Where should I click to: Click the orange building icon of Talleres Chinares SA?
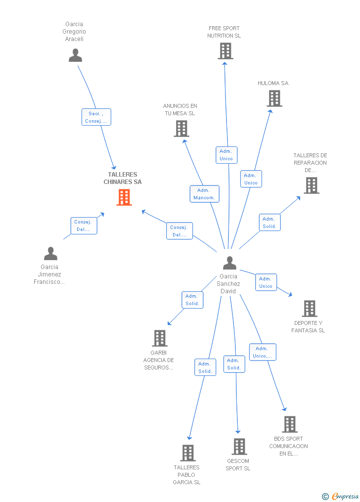(x=124, y=197)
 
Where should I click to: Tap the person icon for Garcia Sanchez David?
(x=229, y=263)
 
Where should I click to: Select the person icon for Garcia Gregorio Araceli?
(x=75, y=55)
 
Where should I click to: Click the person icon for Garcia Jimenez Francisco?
(x=50, y=254)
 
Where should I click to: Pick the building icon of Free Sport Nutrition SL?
(x=225, y=50)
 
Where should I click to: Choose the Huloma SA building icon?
(x=274, y=98)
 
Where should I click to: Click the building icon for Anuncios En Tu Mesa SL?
(x=181, y=129)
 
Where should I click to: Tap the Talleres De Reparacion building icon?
(x=311, y=185)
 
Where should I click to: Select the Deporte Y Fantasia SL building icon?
(x=309, y=309)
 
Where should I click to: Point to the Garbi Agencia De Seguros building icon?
(x=159, y=338)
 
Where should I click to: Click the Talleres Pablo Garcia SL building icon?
(x=188, y=453)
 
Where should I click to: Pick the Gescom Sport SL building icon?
(x=239, y=447)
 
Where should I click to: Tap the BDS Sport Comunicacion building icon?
(x=289, y=424)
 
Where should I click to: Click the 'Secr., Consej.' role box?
(x=96, y=117)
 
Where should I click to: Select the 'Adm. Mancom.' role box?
(x=204, y=194)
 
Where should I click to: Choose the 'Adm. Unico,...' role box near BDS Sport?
(x=262, y=352)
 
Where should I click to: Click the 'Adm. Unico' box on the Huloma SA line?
(x=251, y=179)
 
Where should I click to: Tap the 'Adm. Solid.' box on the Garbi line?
(x=192, y=300)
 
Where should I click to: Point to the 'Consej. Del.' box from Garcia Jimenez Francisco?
(x=84, y=226)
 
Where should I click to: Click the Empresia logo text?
(x=345, y=496)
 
